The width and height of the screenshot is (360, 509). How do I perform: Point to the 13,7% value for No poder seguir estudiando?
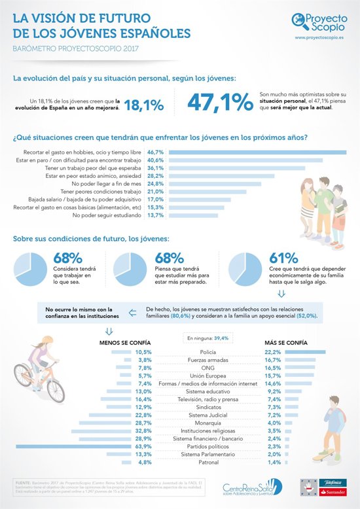coord(154,215)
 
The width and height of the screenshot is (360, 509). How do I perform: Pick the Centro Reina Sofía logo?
coord(252,487)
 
